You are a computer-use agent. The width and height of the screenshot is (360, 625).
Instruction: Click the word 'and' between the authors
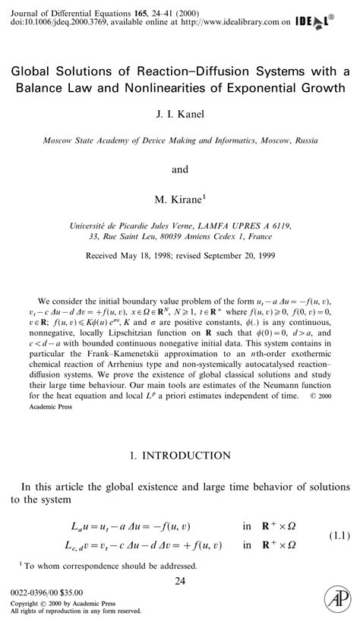click(180, 169)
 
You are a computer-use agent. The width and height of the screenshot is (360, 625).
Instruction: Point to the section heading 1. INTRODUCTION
click(179, 456)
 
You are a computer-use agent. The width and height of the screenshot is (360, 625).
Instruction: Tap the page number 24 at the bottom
click(180, 581)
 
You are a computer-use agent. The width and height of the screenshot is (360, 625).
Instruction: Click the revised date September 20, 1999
click(233, 257)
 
